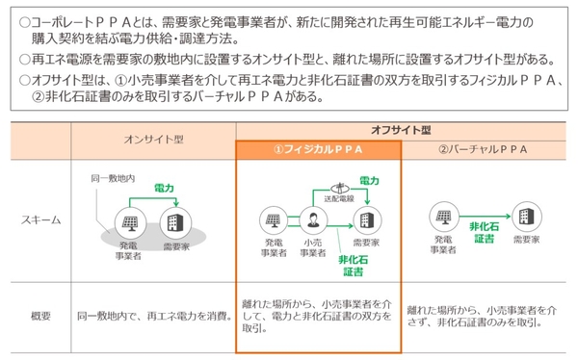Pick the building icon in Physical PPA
367,219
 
